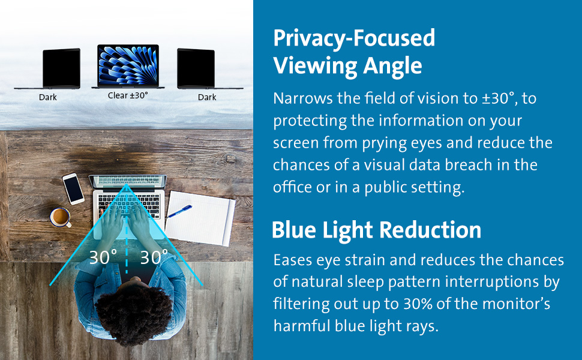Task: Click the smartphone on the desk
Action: pyautogui.click(x=73, y=188)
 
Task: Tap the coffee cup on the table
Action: pyautogui.click(x=61, y=217)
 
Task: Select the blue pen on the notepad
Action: pyautogui.click(x=179, y=212)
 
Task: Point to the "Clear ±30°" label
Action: pyautogui.click(x=128, y=95)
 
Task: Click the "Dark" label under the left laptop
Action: pyautogui.click(x=48, y=97)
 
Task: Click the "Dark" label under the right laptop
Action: pyautogui.click(x=207, y=97)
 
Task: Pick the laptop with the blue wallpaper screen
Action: pyautogui.click(x=128, y=67)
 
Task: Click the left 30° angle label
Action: pyautogui.click(x=103, y=257)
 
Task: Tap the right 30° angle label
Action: pyautogui.click(x=154, y=257)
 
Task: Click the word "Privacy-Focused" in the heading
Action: pyautogui.click(x=354, y=38)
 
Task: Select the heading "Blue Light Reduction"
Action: pyautogui.click(x=376, y=230)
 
